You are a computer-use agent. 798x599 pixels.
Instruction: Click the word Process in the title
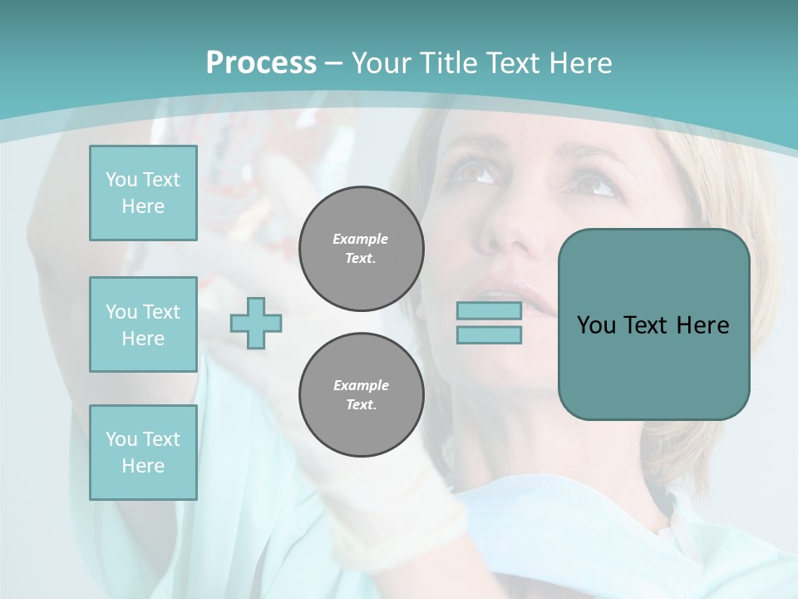click(x=261, y=63)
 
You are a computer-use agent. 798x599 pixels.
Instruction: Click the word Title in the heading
click(x=446, y=63)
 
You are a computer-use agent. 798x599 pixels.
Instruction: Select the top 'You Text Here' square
click(x=143, y=193)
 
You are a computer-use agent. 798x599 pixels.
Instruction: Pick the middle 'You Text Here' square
click(x=143, y=324)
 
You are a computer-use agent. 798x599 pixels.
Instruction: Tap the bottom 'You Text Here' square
click(x=143, y=453)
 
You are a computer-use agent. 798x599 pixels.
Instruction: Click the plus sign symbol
click(x=256, y=323)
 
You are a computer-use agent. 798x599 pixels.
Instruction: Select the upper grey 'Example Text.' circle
click(x=361, y=249)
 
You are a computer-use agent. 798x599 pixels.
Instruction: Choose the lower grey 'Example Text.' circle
click(x=361, y=395)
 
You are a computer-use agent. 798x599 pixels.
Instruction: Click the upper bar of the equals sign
click(x=489, y=311)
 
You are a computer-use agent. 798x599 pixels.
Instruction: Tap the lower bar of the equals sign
click(x=489, y=335)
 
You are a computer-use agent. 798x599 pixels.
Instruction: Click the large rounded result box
click(x=653, y=366)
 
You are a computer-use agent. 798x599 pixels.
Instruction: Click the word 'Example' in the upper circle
click(x=361, y=239)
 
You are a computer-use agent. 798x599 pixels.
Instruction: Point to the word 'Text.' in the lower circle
click(x=361, y=405)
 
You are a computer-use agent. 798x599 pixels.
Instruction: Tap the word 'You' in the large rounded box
click(x=596, y=325)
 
